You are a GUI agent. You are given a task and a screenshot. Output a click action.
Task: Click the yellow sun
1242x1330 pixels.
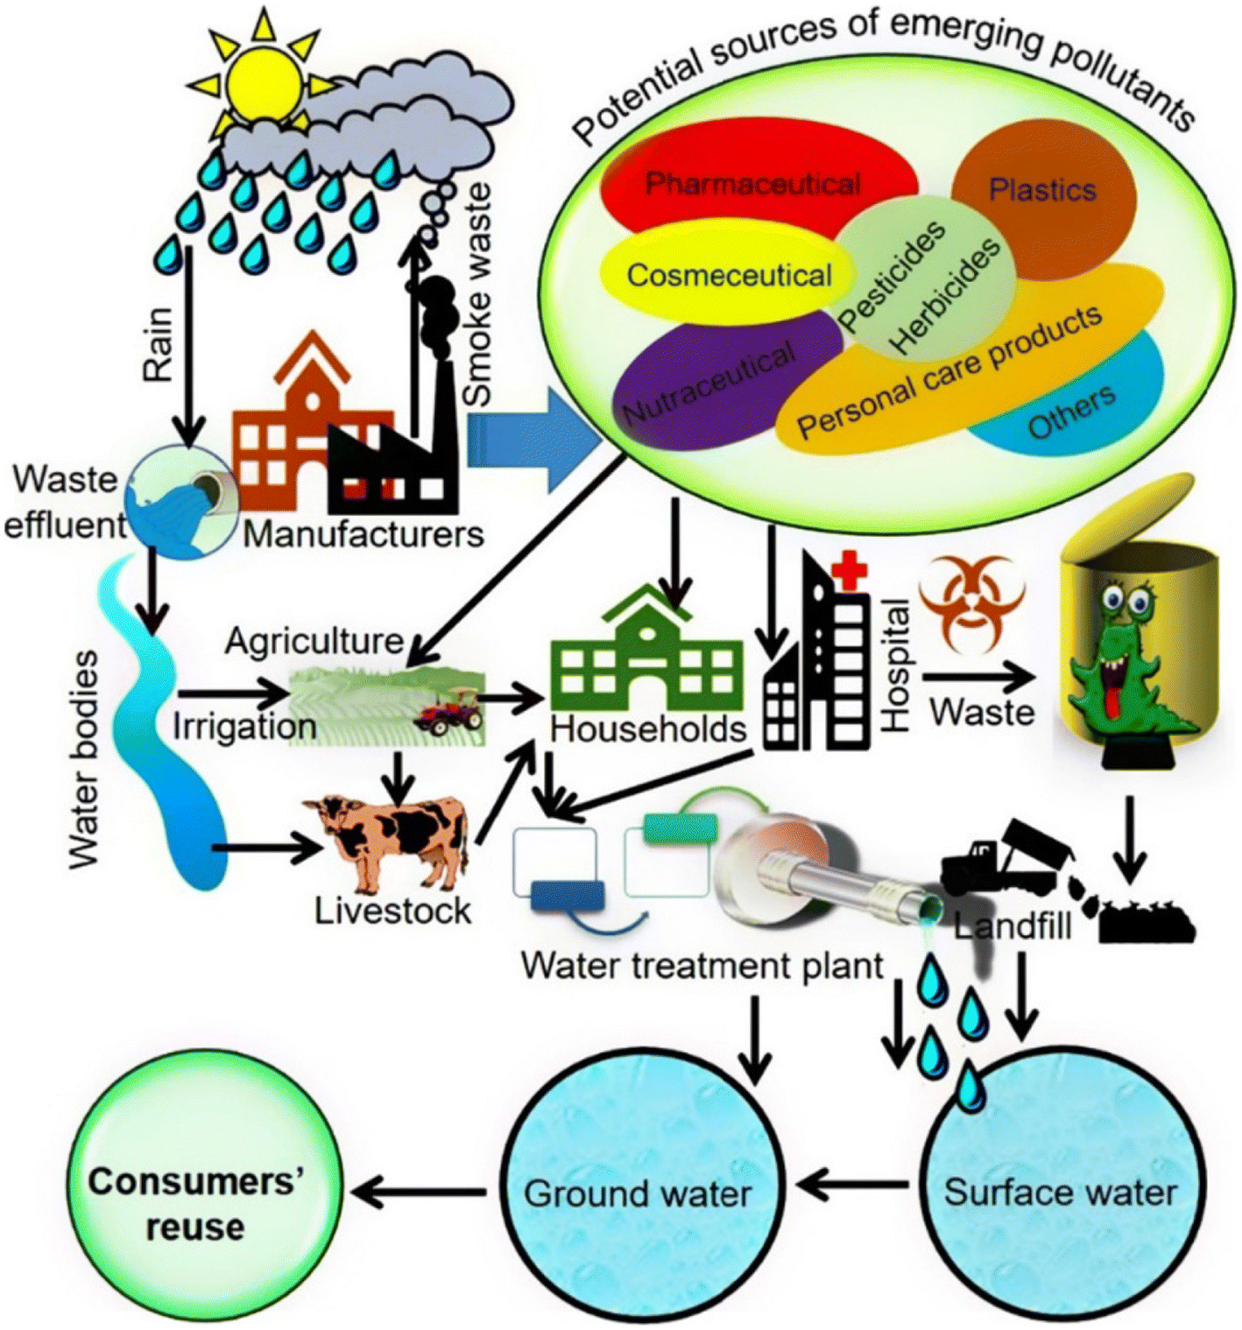(262, 79)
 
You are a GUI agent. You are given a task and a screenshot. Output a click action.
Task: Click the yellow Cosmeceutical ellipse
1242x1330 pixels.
(727, 275)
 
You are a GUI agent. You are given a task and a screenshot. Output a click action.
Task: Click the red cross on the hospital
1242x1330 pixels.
(847, 573)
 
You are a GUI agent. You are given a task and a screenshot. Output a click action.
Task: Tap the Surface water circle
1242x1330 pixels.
(1060, 1192)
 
